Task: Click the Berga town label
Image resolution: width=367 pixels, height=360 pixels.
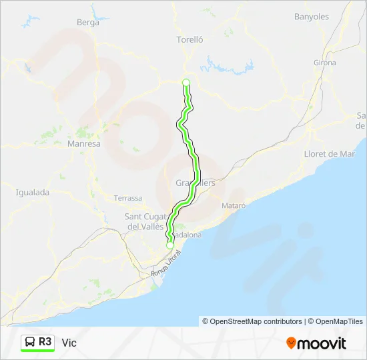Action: point(88,22)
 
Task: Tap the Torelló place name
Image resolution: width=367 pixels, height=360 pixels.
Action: point(189,39)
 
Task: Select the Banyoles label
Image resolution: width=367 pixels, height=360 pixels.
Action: point(312,16)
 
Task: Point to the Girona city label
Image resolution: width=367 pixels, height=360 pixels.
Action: point(324,63)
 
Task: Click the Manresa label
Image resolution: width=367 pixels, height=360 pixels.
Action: point(84,143)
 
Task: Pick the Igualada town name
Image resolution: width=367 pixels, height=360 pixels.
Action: point(33,192)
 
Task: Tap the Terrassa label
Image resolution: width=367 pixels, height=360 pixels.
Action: point(128,198)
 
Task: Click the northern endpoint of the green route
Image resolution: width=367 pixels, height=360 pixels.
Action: point(186,83)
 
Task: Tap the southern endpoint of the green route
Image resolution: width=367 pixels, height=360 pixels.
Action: point(169,245)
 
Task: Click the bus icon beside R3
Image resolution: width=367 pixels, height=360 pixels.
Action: point(30,342)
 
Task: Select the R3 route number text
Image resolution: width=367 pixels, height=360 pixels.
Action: point(45,342)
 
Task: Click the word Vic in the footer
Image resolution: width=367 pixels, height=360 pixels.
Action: point(69,343)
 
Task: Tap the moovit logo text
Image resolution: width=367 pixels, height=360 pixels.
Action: point(322,343)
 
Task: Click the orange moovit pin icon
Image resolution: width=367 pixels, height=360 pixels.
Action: point(292,343)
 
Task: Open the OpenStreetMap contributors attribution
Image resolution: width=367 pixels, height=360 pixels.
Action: point(252,321)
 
